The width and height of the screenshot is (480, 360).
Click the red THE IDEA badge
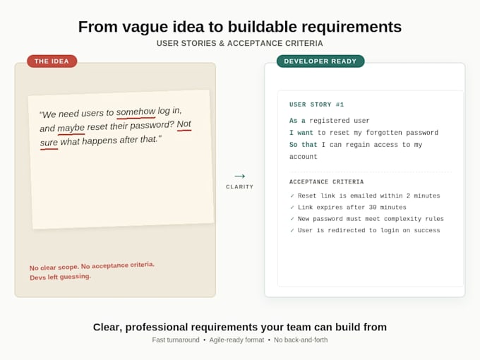click(x=52, y=61)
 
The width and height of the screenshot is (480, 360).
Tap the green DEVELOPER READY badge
click(x=320, y=61)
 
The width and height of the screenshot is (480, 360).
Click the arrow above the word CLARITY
click(x=240, y=176)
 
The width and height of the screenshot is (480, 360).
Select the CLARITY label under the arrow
click(x=240, y=187)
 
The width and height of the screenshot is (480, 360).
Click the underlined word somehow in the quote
click(x=136, y=112)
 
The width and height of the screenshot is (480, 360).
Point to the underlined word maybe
click(x=71, y=128)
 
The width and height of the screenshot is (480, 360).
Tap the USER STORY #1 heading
click(x=316, y=104)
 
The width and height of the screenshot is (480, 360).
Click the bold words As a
click(x=297, y=121)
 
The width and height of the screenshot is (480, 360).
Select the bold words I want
click(x=301, y=133)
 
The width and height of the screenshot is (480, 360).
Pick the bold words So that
click(x=304, y=145)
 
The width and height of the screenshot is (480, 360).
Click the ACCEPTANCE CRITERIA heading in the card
click(x=326, y=182)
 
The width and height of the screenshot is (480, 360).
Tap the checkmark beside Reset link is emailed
click(x=292, y=196)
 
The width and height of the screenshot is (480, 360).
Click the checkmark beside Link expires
click(x=292, y=208)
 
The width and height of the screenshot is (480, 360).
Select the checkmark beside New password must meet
click(x=292, y=219)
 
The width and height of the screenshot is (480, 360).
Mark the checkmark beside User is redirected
click(x=292, y=230)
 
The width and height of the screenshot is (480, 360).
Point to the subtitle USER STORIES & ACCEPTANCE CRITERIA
click(x=240, y=44)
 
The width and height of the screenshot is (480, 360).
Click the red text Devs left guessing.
click(x=60, y=277)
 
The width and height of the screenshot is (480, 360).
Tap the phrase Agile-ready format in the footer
click(x=236, y=340)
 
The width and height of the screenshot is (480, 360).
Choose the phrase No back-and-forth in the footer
click(x=301, y=340)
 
